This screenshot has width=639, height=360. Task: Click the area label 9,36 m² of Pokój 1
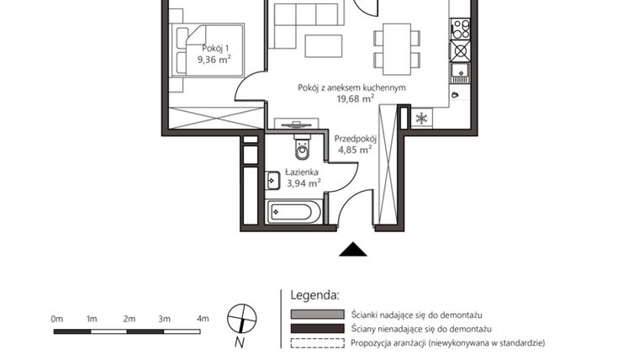coord(214,60)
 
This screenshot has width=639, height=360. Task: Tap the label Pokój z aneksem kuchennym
coord(351,87)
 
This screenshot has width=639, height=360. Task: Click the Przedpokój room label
coord(354,139)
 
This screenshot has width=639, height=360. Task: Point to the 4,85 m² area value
coord(354,150)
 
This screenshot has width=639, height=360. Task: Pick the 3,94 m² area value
coord(302,182)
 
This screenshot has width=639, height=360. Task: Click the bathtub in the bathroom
coord(293,211)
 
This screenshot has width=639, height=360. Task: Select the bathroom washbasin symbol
coord(274,178)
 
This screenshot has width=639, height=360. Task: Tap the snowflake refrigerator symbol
coord(421,118)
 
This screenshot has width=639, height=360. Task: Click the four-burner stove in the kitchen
coord(460,29)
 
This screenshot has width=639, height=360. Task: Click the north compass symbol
coord(241,319)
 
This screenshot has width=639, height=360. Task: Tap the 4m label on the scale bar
coord(202,319)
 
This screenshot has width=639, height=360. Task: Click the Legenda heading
coord(314,295)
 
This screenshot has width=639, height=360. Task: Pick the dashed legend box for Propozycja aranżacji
coord(317,343)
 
